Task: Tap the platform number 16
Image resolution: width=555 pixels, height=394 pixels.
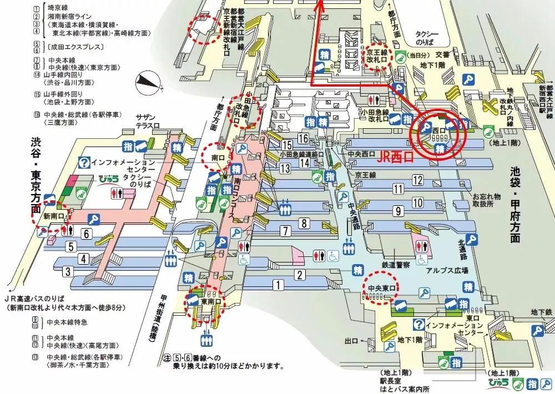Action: tap(303, 138)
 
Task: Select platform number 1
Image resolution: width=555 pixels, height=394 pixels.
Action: tap(276, 285)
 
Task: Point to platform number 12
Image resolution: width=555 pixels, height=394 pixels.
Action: tap(417, 179)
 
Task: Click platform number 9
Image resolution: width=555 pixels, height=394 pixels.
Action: tap(397, 211)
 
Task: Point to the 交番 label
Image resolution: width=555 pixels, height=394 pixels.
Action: tap(442, 54)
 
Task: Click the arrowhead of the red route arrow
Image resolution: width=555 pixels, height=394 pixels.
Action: tap(319, 4)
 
